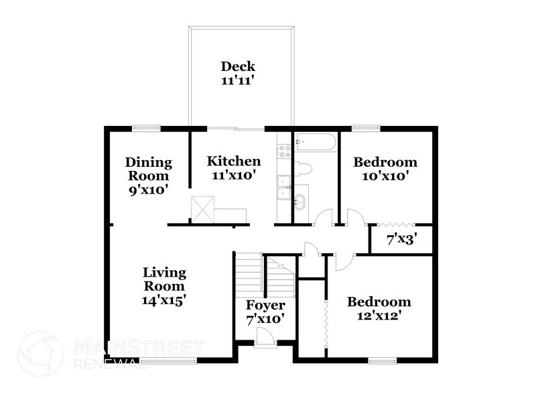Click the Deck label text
tap(238, 66)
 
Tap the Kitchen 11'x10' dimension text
tap(233, 175)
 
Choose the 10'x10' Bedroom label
tap(385, 162)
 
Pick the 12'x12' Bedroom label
tap(378, 302)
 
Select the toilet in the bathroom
tap(306, 168)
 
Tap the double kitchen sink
tap(284, 188)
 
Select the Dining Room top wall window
tap(145, 127)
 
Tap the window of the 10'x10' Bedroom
tap(366, 127)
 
